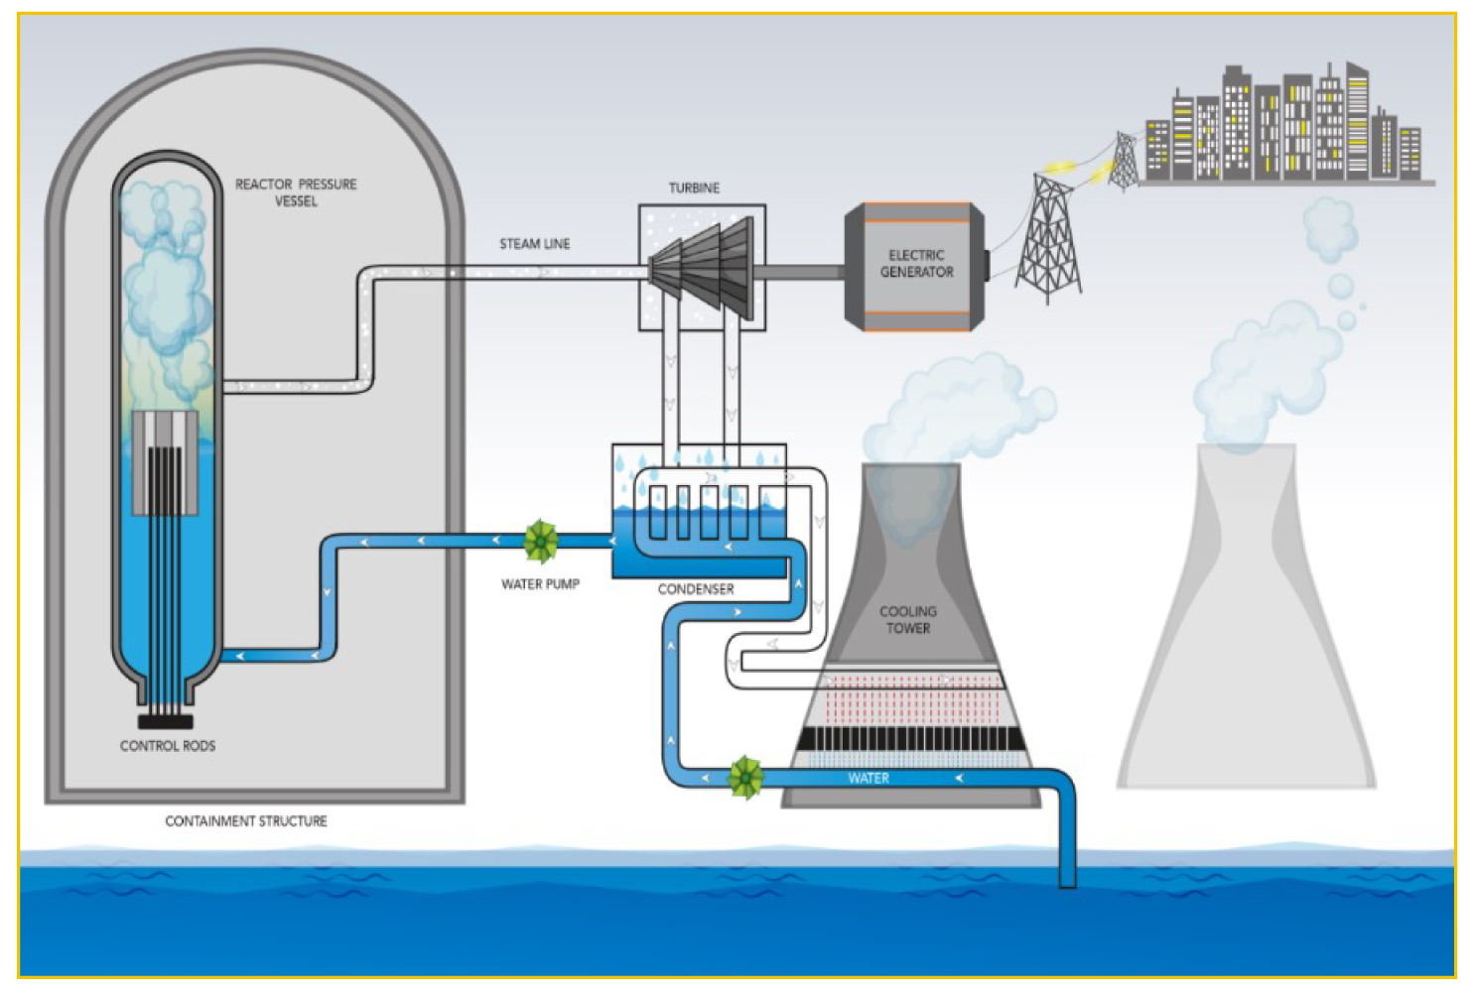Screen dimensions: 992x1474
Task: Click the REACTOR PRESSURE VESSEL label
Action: point(296,192)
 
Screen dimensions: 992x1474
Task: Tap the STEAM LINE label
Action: point(534,244)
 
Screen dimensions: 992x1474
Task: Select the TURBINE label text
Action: point(694,188)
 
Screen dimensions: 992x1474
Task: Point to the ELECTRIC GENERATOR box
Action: point(915,265)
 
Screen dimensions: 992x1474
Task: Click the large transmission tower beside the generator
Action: point(1048,240)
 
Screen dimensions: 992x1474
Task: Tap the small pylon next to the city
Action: point(1123,161)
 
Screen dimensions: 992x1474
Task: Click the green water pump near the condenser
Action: point(541,541)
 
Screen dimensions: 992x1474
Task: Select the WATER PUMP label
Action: point(540,584)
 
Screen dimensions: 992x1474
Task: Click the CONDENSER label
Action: point(696,589)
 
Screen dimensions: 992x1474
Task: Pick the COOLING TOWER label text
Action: point(908,620)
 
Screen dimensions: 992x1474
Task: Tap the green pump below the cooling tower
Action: point(745,777)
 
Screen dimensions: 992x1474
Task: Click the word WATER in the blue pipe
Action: point(869,779)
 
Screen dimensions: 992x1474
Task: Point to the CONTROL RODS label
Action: point(168,746)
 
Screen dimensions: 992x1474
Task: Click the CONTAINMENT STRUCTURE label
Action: point(246,821)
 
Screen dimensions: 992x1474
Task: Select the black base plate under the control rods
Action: point(166,721)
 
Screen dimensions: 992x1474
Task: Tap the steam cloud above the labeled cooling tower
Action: point(953,407)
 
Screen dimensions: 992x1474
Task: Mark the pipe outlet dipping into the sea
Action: point(1067,873)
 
